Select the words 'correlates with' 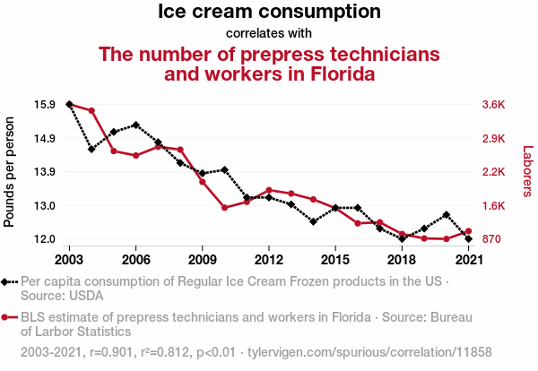(269, 34)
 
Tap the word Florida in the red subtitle (340, 73)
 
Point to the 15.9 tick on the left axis (45, 105)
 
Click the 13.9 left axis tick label (45, 172)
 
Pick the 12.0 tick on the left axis (45, 239)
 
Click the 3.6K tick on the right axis (494, 105)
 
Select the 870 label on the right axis (492, 239)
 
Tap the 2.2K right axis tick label (494, 172)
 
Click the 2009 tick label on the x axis (202, 260)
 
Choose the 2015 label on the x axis (334, 260)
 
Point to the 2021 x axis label (468, 260)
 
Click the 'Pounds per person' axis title (11, 172)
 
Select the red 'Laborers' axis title (527, 172)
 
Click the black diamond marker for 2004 (91, 149)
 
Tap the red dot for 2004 (91, 110)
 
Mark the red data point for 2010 (224, 208)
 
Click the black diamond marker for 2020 (446, 215)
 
